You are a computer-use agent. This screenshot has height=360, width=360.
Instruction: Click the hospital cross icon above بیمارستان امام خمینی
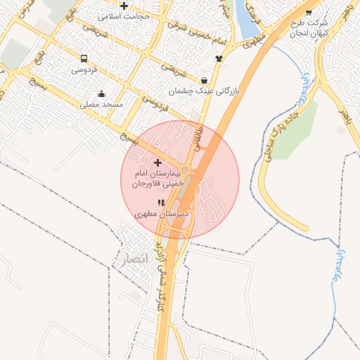[x=157, y=162]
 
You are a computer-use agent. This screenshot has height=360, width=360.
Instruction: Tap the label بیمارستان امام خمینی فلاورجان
[x=157, y=178]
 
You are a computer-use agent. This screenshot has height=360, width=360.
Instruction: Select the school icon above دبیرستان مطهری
[x=160, y=202]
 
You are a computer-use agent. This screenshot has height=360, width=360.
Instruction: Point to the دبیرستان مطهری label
[x=161, y=212]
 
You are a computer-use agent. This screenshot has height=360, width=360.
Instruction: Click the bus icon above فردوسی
[x=84, y=59]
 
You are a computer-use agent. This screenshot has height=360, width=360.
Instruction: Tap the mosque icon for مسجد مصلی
[x=102, y=94]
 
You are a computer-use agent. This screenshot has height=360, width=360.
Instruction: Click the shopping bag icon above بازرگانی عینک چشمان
[x=204, y=80]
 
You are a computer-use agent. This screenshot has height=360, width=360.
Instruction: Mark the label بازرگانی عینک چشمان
[x=204, y=91]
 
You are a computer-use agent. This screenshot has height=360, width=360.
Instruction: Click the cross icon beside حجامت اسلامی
[x=124, y=6]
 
